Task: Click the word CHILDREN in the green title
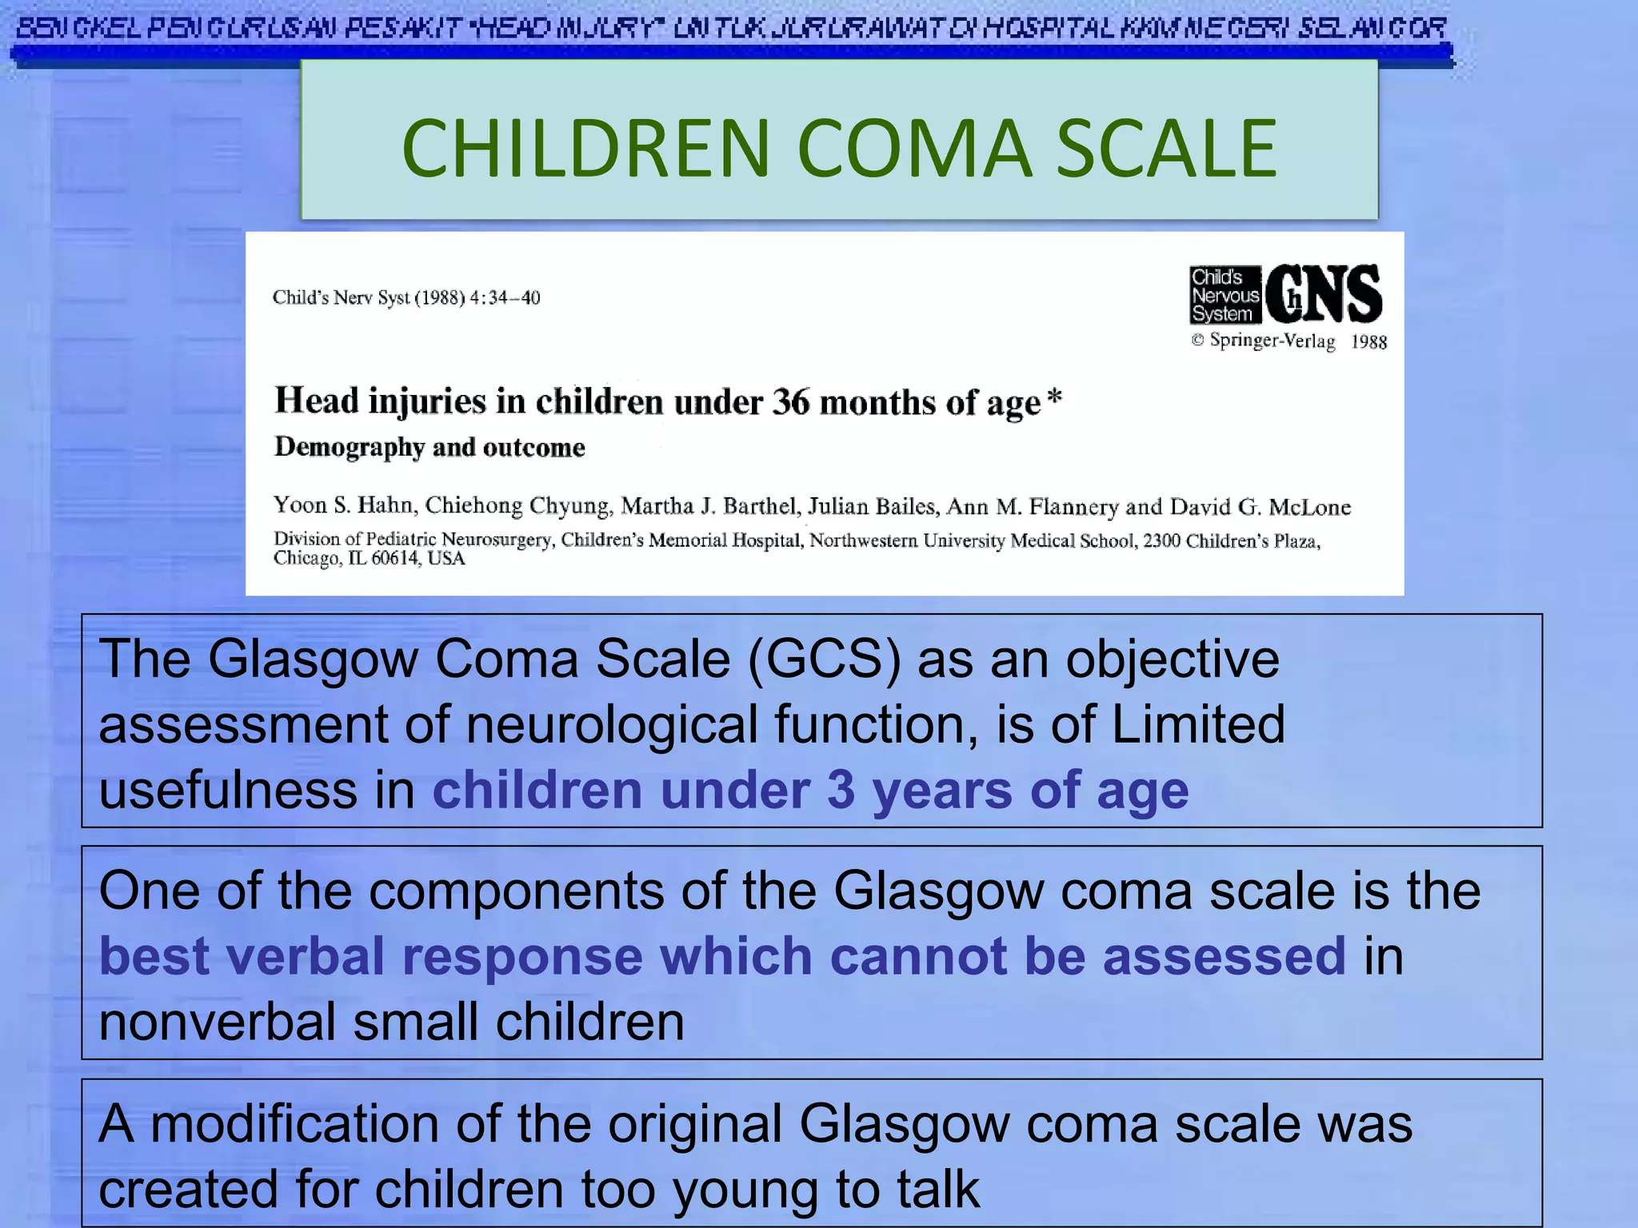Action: click(x=585, y=149)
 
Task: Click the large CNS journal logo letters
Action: click(x=1324, y=294)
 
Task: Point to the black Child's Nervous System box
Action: click(x=1225, y=295)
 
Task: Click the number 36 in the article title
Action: click(x=790, y=401)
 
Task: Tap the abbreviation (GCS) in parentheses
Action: click(x=825, y=660)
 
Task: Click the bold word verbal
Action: click(x=306, y=956)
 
